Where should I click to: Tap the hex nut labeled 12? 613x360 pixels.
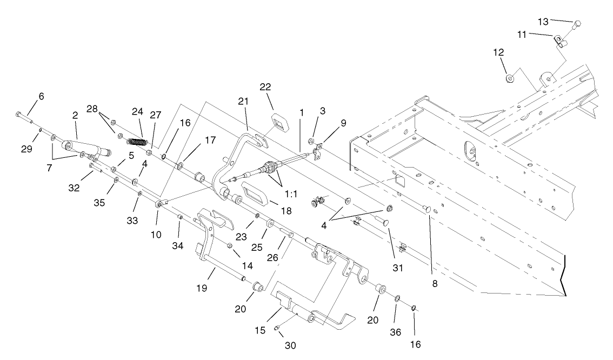tap(510, 78)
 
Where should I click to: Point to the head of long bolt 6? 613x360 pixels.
tap(19, 114)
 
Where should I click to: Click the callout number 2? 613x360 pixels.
tap(75, 115)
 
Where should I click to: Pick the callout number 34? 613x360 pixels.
tap(178, 246)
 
